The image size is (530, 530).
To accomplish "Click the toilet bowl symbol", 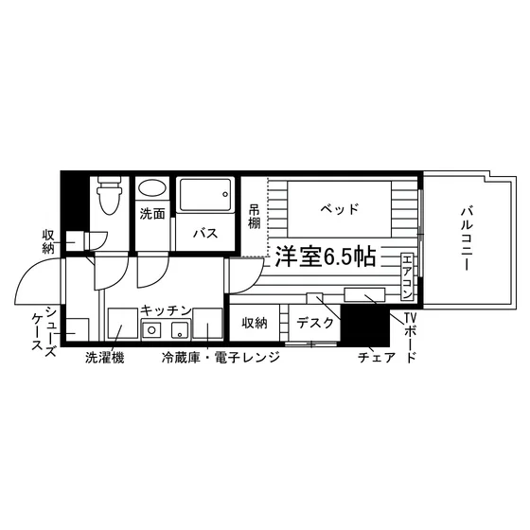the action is point(109,195).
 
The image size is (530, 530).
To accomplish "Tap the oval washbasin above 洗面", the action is point(152,187).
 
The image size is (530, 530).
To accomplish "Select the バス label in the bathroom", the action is point(205,233).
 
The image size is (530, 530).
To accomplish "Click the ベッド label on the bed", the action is point(339,209).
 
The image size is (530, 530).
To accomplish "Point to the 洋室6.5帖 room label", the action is point(326,256).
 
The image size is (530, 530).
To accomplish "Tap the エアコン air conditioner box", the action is point(407,276).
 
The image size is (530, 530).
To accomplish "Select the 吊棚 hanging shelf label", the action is point(255,217).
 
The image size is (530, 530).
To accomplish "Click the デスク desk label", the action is point(314,323).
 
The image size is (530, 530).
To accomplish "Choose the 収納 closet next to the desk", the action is point(255,323).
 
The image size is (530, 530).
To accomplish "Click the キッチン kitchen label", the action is point(166,310).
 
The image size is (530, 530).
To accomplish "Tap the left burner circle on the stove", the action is point(151,330).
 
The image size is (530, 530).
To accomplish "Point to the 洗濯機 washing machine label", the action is point(104,358).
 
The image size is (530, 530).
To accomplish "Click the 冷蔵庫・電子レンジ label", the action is point(221,358).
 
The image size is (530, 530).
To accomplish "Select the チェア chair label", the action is point(377,358).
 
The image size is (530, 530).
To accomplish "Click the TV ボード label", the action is point(410,337).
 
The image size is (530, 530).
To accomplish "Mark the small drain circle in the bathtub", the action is point(225,194).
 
